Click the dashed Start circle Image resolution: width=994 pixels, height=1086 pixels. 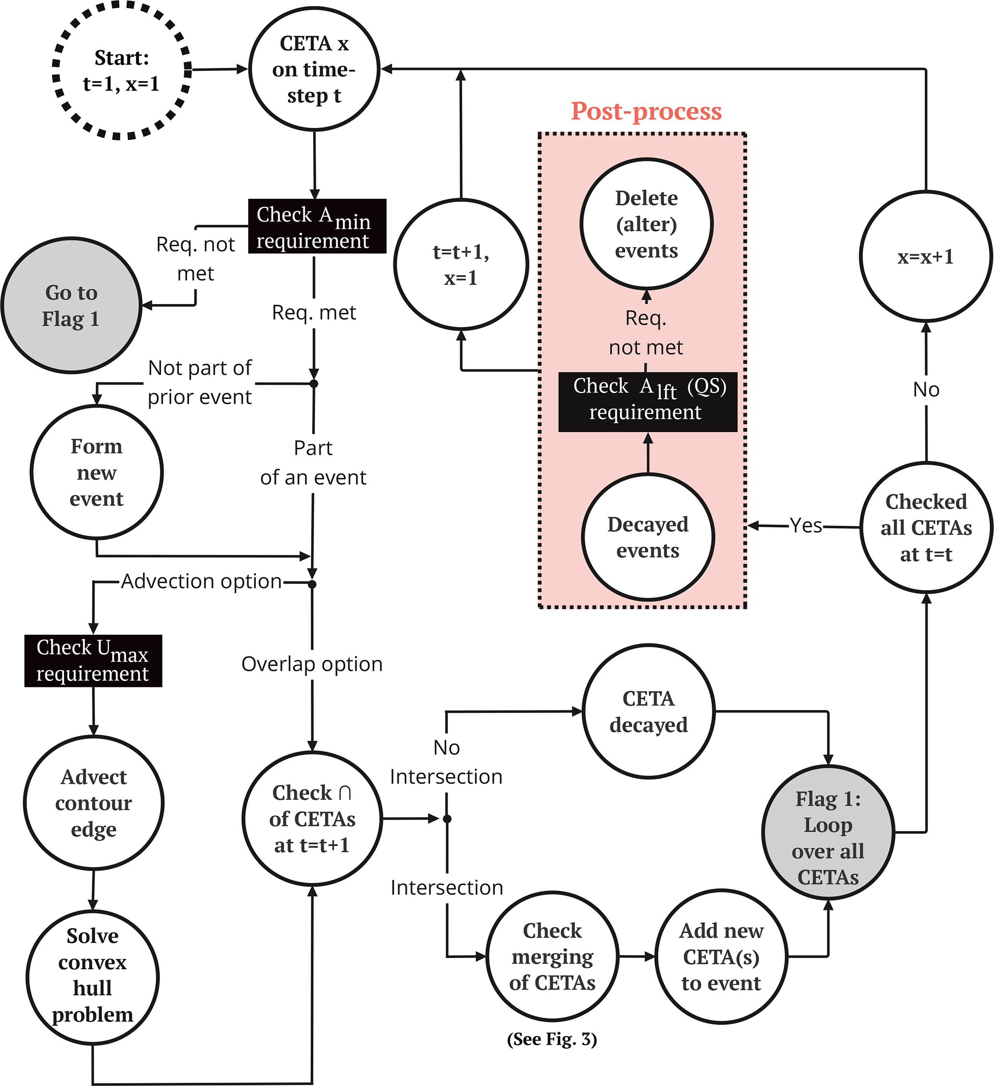click(122, 71)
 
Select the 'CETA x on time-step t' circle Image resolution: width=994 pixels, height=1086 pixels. click(314, 69)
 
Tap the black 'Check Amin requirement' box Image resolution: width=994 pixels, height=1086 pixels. click(317, 226)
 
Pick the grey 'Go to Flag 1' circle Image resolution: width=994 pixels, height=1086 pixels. click(72, 305)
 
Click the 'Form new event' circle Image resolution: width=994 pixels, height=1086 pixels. click(97, 472)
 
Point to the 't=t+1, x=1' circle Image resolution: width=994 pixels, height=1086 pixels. click(461, 265)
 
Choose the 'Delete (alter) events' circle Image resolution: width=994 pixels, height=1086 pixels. click(646, 224)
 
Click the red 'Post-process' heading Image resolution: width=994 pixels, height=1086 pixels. click(646, 111)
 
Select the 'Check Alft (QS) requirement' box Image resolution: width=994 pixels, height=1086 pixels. click(648, 402)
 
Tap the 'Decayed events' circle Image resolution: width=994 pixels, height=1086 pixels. click(648, 537)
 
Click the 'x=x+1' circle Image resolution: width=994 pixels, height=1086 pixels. click(926, 257)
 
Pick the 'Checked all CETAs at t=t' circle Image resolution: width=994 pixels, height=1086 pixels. click(926, 528)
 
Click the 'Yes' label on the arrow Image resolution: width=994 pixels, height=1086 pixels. click(806, 525)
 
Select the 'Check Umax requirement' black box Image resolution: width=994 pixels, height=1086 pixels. click(93, 660)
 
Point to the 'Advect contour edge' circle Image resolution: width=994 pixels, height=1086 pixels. click(94, 803)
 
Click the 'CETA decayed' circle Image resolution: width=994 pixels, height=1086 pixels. click(649, 712)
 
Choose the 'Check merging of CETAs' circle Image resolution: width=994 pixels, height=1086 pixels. click(553, 957)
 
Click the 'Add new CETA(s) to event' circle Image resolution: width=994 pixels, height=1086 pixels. click(721, 957)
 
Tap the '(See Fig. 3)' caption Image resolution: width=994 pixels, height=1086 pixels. click(552, 1039)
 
